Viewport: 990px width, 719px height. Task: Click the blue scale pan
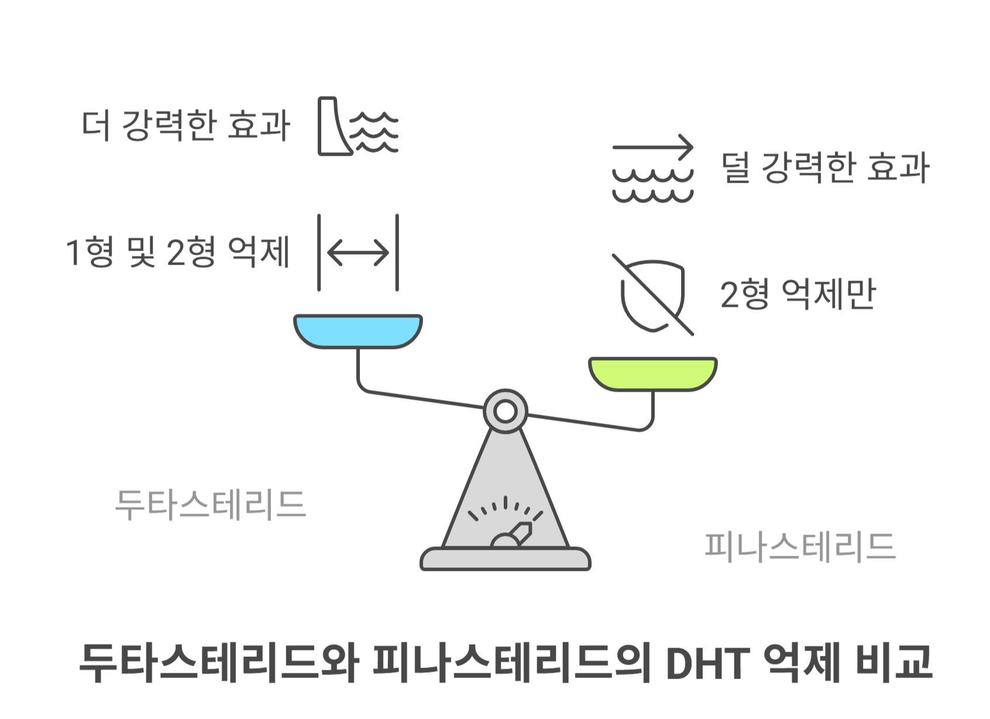click(x=357, y=330)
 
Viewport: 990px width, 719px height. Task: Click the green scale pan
click(x=652, y=373)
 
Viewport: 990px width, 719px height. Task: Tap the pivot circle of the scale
click(x=505, y=412)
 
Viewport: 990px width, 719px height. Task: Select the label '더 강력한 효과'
click(x=186, y=125)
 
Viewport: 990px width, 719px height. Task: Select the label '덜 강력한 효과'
click(x=825, y=167)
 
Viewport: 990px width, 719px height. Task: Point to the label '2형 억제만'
click(x=797, y=294)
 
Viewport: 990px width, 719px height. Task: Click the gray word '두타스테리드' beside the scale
click(x=211, y=505)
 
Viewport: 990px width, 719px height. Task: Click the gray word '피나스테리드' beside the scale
click(x=800, y=547)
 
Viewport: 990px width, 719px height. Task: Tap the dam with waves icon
click(x=357, y=126)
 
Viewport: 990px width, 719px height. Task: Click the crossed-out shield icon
click(x=652, y=295)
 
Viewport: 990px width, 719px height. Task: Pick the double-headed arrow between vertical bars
click(x=357, y=253)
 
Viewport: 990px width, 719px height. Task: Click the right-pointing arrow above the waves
click(x=652, y=146)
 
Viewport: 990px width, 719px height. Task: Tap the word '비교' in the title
click(x=893, y=663)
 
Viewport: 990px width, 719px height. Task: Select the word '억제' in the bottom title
click(x=802, y=663)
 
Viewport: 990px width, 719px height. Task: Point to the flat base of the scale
click(x=505, y=560)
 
